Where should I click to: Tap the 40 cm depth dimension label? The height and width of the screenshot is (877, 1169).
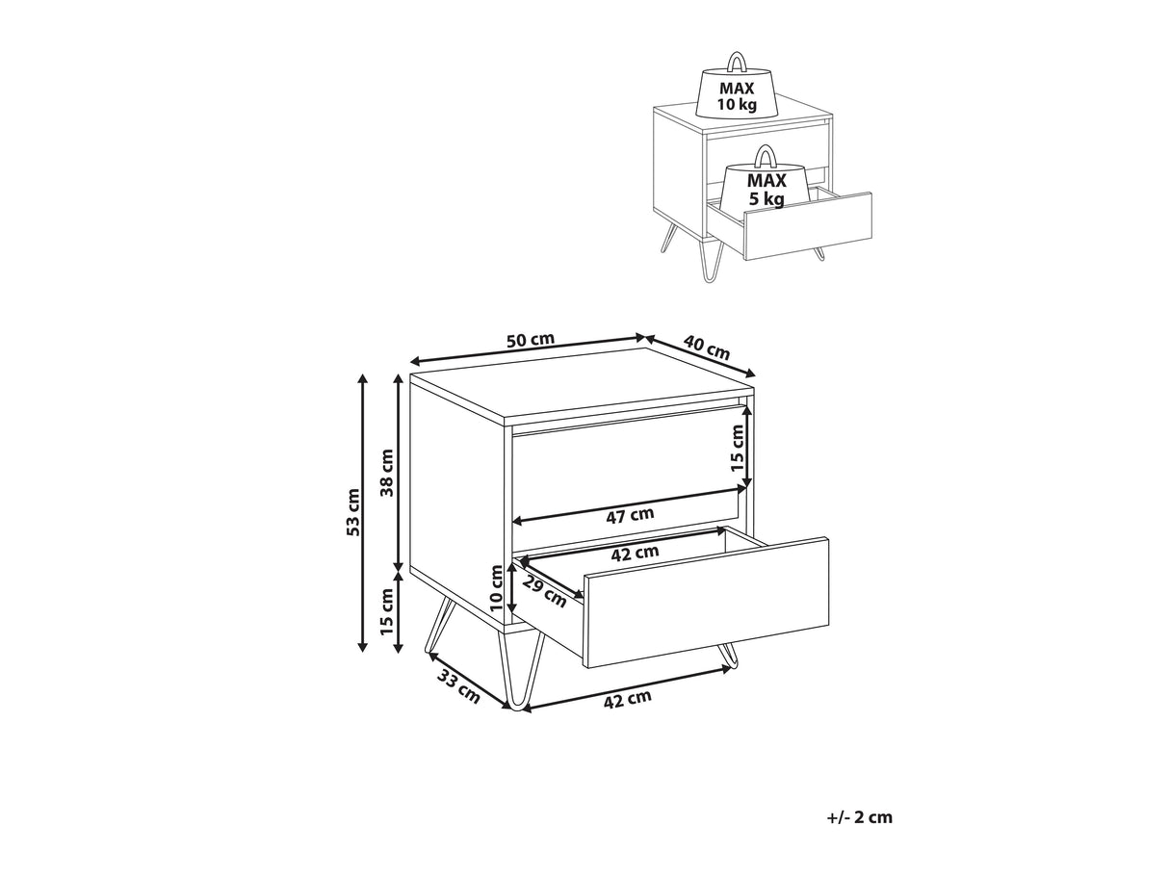(706, 347)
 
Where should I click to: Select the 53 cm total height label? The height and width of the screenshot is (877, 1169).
(353, 512)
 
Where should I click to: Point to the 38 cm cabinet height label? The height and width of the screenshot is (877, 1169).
(387, 473)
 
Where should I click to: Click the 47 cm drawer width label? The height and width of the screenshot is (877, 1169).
(630, 515)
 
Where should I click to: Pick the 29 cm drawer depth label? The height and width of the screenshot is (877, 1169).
(544, 590)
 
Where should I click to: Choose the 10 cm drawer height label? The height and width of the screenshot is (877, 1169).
(496, 588)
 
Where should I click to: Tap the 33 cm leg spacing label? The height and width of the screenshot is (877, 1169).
(458, 687)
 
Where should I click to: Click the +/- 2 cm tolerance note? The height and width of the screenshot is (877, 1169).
(860, 817)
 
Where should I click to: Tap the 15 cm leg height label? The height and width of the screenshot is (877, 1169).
(387, 611)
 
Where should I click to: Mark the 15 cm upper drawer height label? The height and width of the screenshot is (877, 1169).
(737, 448)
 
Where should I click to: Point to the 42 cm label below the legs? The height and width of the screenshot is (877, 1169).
(628, 699)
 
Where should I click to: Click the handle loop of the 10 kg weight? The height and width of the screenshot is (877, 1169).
(737, 62)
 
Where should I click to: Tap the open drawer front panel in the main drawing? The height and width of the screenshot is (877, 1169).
(707, 602)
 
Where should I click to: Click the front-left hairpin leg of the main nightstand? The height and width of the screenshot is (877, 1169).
(521, 669)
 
